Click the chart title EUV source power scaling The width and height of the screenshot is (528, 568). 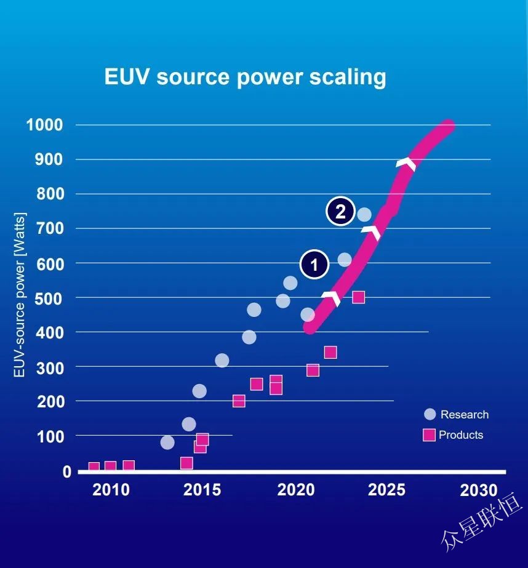click(245, 77)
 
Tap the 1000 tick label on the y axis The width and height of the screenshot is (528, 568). click(44, 125)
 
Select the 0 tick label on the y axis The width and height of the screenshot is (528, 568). click(66, 472)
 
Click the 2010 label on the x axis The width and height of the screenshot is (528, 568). click(111, 490)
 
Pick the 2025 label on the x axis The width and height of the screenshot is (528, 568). click(387, 490)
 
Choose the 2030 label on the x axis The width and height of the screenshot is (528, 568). click(478, 490)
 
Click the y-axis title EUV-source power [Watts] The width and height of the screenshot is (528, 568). click(20, 296)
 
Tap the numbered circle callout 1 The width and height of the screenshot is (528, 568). click(314, 265)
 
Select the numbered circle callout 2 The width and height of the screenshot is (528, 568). click(340, 212)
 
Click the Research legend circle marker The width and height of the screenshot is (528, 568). click(430, 414)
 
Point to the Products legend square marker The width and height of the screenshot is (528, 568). click(430, 434)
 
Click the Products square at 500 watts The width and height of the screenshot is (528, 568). click(358, 297)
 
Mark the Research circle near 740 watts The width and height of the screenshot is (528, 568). click(364, 215)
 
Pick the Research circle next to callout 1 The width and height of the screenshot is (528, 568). click(345, 260)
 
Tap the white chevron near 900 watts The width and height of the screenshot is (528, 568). click(406, 164)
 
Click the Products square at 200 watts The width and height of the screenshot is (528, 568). click(239, 401)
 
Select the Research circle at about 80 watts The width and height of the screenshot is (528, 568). click(167, 442)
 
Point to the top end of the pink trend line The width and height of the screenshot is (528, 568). click(448, 126)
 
